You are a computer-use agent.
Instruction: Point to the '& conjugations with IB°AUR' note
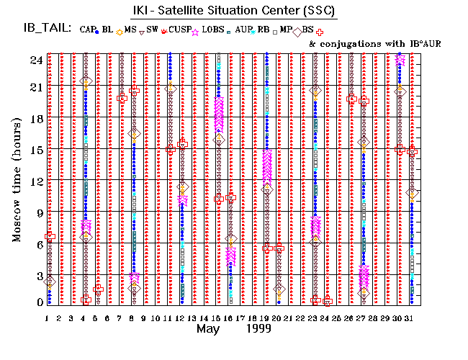374,43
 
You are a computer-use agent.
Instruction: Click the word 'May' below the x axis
209,329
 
